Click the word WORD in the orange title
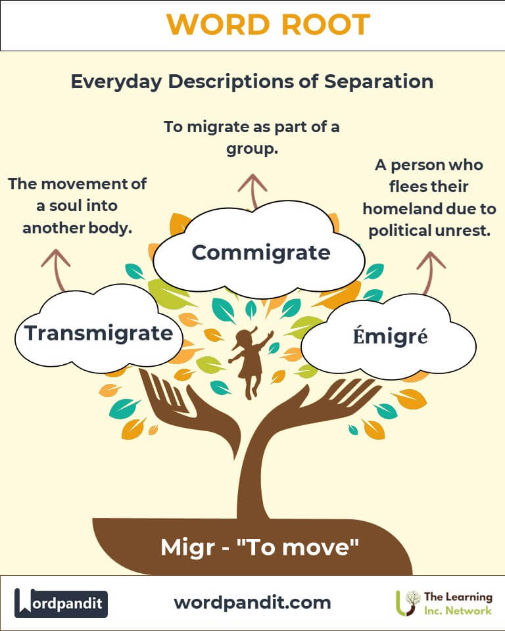click(x=218, y=24)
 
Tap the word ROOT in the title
click(x=325, y=24)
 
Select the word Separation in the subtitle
click(x=379, y=82)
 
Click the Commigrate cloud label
click(x=261, y=252)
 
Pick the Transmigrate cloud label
click(x=99, y=334)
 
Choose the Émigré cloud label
click(x=390, y=336)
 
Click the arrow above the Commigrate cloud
click(x=252, y=191)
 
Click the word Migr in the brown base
click(x=187, y=548)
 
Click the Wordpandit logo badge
click(x=61, y=603)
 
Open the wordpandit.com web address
click(x=252, y=603)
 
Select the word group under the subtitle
click(x=252, y=149)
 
